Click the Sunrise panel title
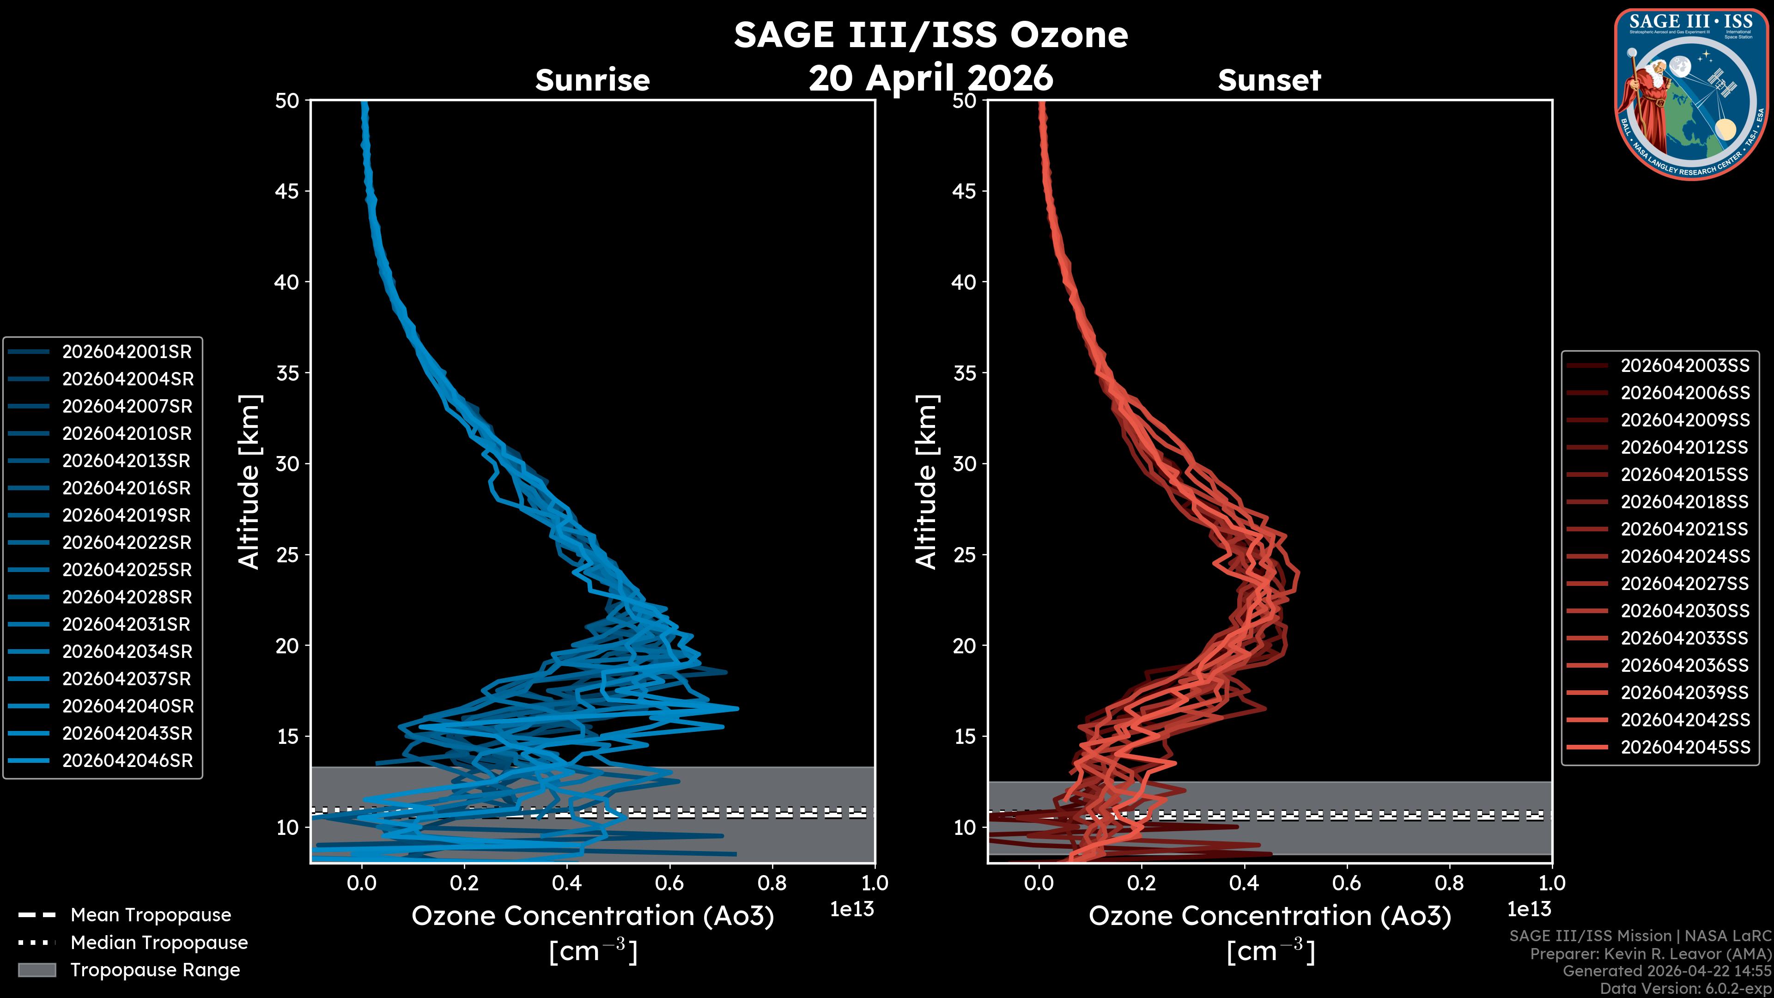[592, 80]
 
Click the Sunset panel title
[1269, 80]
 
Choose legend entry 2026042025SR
[127, 570]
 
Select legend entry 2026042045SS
[1684, 747]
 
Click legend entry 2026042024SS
[1684, 556]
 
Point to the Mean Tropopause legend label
[151, 915]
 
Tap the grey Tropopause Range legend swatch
[36, 970]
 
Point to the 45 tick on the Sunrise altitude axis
[287, 191]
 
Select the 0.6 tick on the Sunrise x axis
[669, 883]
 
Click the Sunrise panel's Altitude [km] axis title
[249, 482]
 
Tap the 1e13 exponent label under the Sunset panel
[1529, 910]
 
